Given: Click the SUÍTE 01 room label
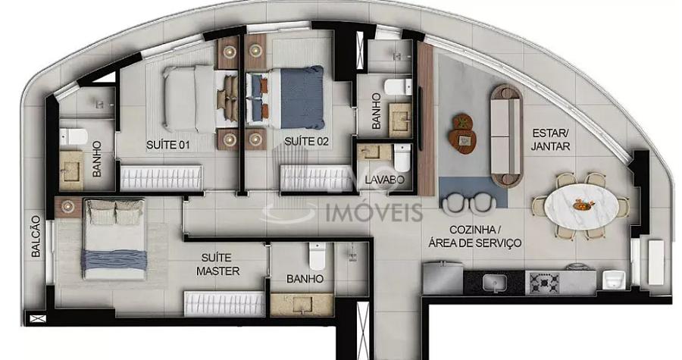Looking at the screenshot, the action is pos(168,145).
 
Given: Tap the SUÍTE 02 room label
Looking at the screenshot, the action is pos(307,141).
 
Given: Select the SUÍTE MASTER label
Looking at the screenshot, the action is pos(218,265).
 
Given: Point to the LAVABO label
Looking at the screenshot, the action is pos(384,179).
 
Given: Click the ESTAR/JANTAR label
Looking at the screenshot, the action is pos(550,139).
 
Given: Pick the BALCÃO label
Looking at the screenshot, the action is pos(36,236).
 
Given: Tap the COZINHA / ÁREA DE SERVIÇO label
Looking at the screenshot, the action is pos(475,236).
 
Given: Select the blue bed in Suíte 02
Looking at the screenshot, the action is pos(289,97).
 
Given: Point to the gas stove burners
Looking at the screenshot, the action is pos(543,283).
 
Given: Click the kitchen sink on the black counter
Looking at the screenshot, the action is pos(495,283).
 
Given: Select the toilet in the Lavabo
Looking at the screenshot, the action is pos(402,158).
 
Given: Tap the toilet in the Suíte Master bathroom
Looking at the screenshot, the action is pos(317,256).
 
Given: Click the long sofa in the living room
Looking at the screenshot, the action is pos(506,135).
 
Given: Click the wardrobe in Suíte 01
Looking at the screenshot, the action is pos(161,177).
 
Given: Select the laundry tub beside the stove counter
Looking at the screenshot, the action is pos(614,280).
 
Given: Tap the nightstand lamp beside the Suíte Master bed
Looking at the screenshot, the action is pos(67,206).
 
